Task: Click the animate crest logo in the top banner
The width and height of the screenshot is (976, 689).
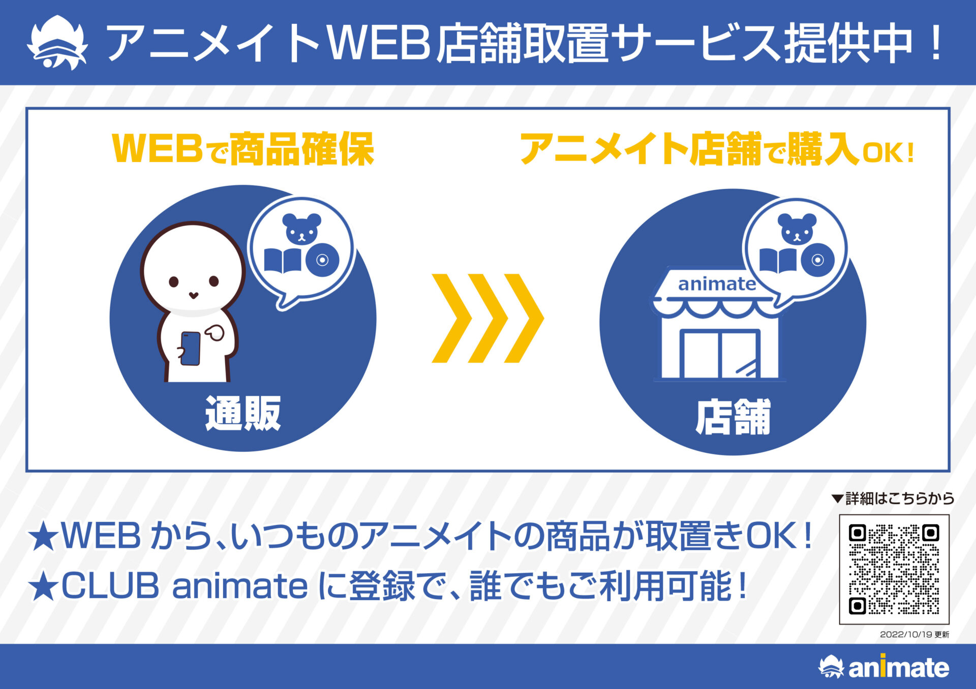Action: pyautogui.click(x=57, y=43)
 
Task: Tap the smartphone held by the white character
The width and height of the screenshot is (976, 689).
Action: pyautogui.click(x=191, y=349)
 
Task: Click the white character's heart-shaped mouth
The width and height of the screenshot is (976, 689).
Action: pyautogui.click(x=193, y=295)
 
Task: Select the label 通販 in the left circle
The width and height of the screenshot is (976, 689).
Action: pyautogui.click(x=243, y=414)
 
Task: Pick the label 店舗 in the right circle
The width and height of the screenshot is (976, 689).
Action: pyautogui.click(x=733, y=417)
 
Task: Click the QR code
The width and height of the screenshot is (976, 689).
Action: pyautogui.click(x=894, y=569)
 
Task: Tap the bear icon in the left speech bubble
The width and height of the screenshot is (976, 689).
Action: pyautogui.click(x=301, y=228)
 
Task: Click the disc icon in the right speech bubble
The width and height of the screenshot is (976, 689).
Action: pyautogui.click(x=817, y=260)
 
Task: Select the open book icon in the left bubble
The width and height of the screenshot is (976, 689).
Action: pyautogui.click(x=283, y=261)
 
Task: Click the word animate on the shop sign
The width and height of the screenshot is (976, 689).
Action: pyautogui.click(x=717, y=284)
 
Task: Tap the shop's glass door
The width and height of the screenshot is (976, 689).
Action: pyautogui.click(x=720, y=354)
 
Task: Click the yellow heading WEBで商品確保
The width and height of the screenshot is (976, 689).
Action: pyautogui.click(x=243, y=149)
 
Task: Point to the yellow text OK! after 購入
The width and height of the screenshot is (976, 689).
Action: pyautogui.click(x=889, y=153)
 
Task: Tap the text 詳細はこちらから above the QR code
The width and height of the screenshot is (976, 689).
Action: pyautogui.click(x=900, y=498)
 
